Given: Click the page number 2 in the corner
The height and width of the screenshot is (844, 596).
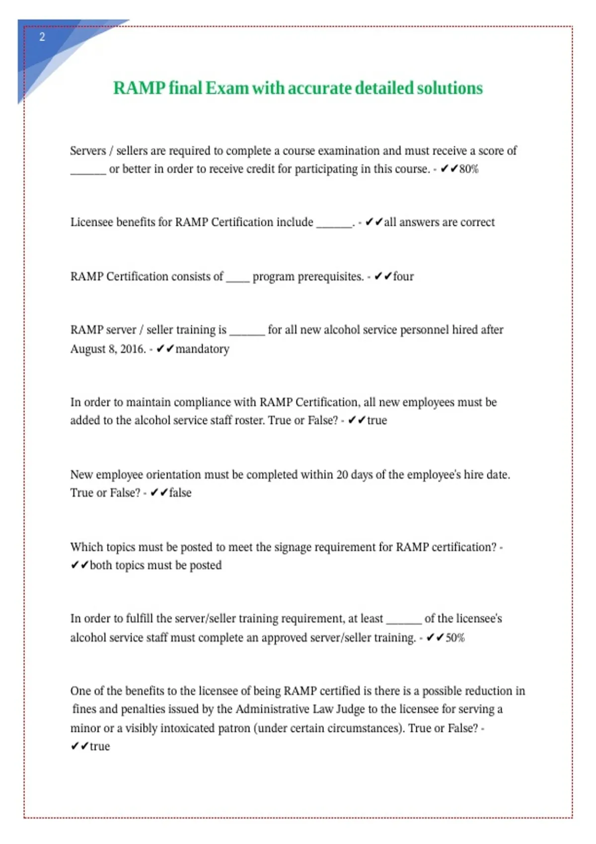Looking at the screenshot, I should [x=42, y=37].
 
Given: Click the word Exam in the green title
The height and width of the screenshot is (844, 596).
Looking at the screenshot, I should [x=227, y=88].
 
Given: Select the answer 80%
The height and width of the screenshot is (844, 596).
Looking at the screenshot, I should [x=469, y=169].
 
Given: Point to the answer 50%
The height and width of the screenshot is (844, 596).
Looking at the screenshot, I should [x=455, y=638].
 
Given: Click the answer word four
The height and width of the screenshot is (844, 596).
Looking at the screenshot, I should [x=403, y=277].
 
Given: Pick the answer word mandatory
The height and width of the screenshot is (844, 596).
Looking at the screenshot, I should [x=202, y=349].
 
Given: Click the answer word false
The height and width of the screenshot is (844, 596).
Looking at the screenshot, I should [x=180, y=493].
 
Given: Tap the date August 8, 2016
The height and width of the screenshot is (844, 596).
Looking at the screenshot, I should [x=108, y=349].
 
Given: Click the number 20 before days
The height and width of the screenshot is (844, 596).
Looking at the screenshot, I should [x=342, y=475].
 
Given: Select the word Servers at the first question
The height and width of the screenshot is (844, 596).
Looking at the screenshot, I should [x=88, y=151].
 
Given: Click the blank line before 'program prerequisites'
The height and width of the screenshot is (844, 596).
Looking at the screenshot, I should [x=238, y=278].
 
